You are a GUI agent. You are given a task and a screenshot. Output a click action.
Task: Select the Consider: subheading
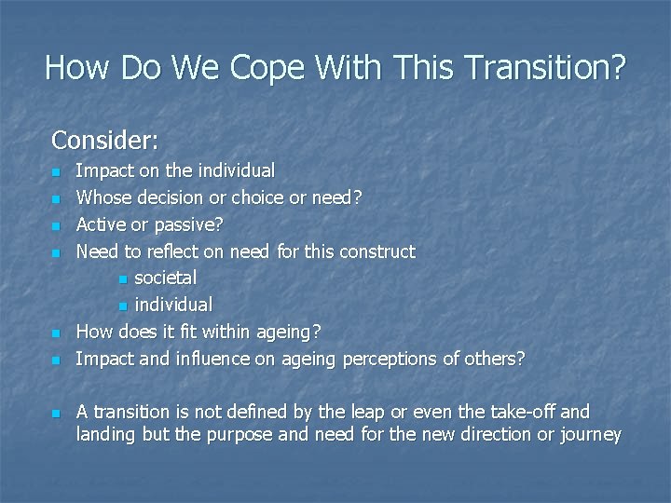point(105,141)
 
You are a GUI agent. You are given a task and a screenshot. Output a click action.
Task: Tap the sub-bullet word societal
point(165,278)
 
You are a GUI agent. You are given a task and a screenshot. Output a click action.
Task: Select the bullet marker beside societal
point(123,279)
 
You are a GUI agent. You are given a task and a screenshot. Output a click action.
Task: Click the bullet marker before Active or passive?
point(56,225)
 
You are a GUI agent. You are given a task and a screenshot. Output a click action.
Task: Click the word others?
point(495,359)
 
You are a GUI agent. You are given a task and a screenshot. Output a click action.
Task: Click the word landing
point(106,435)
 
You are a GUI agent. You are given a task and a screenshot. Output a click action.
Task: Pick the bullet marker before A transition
point(56,413)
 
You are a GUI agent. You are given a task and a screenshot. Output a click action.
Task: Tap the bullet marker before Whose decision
point(56,198)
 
